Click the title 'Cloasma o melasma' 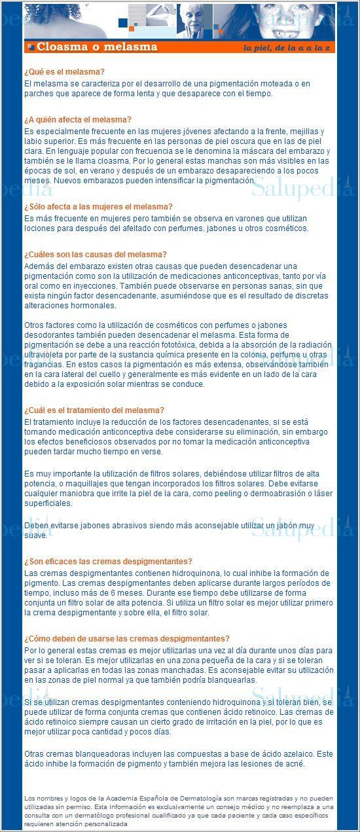[97, 46]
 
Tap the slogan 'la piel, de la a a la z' [287, 48]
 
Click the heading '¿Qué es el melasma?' [64, 72]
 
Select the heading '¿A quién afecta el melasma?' [77, 120]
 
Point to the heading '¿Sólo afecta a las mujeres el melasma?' [98, 206]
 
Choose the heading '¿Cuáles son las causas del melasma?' [95, 255]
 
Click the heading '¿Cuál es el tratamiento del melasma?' [94, 410]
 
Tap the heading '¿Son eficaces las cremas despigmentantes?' [108, 562]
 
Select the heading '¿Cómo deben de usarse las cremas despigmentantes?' [126, 639]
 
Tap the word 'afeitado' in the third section [136, 228]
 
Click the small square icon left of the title [31, 46]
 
